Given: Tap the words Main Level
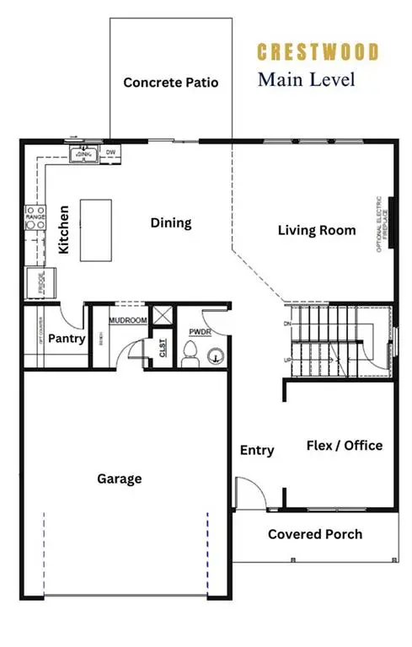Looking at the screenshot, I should click(306, 80).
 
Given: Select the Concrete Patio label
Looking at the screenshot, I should click(171, 83).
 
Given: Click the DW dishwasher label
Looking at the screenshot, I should click(110, 152).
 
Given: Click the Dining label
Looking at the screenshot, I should click(171, 223).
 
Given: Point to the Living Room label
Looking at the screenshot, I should click(317, 230).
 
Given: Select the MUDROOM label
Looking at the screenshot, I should click(129, 321).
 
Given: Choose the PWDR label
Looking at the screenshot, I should click(199, 333).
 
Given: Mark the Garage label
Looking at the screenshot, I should click(119, 479).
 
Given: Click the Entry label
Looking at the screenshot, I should click(256, 451).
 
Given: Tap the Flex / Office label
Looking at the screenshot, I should click(344, 446).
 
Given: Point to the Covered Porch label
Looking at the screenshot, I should click(314, 534).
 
